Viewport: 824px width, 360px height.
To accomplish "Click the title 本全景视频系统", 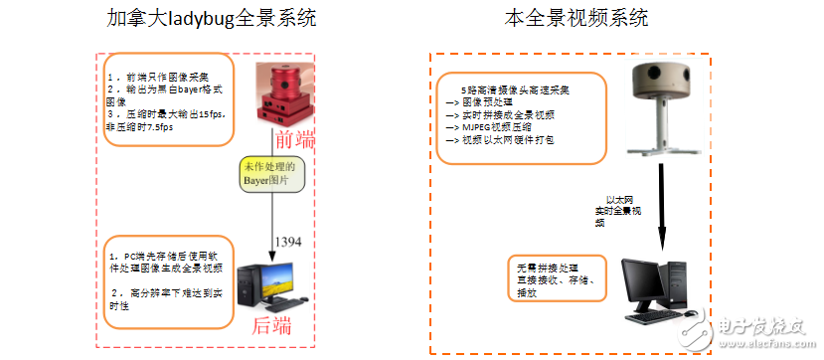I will [577, 17].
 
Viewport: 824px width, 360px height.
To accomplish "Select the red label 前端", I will [294, 137].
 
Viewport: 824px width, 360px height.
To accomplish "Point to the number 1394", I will [287, 242].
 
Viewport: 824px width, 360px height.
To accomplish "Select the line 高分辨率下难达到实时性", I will [169, 299].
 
